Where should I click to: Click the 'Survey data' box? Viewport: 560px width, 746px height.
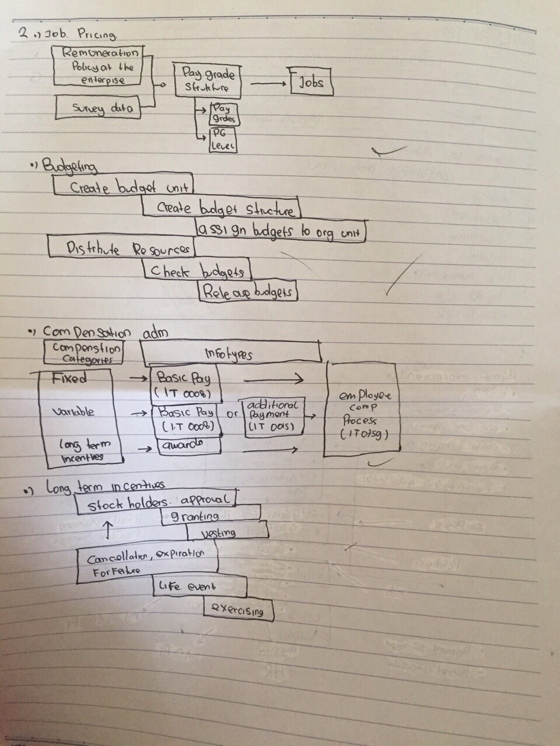(98, 108)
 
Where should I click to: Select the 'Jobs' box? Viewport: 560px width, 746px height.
(312, 83)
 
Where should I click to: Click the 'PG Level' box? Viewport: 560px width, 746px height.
(222, 140)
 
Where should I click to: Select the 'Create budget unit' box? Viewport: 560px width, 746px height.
(123, 186)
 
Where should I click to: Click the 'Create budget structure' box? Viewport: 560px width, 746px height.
(222, 207)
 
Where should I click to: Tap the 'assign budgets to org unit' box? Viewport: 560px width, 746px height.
(280, 231)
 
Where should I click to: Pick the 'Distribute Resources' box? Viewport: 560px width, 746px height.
(121, 248)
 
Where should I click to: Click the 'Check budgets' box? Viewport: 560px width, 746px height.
(197, 270)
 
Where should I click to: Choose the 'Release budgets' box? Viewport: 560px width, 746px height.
(247, 291)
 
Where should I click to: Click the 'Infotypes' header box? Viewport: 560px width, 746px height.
(230, 353)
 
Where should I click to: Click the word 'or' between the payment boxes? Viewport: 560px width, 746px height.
(231, 415)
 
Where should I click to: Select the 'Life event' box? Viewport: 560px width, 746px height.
(198, 586)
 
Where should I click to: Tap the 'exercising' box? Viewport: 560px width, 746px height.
(239, 610)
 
